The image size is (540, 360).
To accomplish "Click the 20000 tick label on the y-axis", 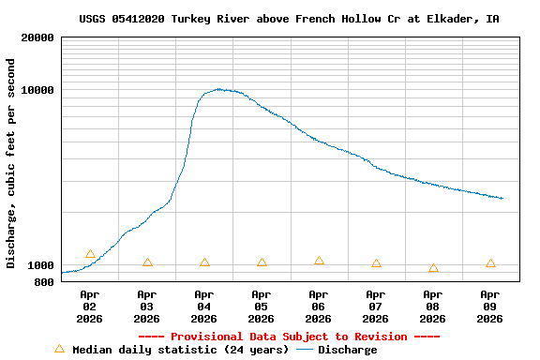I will point(38,37).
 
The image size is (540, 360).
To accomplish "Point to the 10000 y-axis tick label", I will point(38,90).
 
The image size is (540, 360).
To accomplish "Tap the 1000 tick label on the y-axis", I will point(41,265).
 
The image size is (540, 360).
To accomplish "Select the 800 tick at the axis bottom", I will point(44,281).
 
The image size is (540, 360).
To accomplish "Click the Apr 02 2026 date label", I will point(90,306).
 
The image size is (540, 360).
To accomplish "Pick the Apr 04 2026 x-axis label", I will point(204,306).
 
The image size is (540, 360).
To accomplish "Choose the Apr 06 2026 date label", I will point(319,306).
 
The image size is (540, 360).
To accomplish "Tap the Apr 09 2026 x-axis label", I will point(490,306).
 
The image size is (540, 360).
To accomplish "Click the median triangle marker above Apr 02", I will point(90,254).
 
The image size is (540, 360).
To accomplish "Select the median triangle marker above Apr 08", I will point(433,268).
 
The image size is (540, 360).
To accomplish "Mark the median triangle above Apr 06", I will point(319,261).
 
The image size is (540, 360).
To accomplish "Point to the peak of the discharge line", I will point(218,89).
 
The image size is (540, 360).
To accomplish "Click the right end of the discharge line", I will point(502,199).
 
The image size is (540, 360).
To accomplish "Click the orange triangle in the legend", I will point(59,349).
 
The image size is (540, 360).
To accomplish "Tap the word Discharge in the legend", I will point(347,350).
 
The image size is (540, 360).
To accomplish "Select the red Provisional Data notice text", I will point(289,337).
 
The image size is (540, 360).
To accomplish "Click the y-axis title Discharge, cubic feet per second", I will point(11,163).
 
